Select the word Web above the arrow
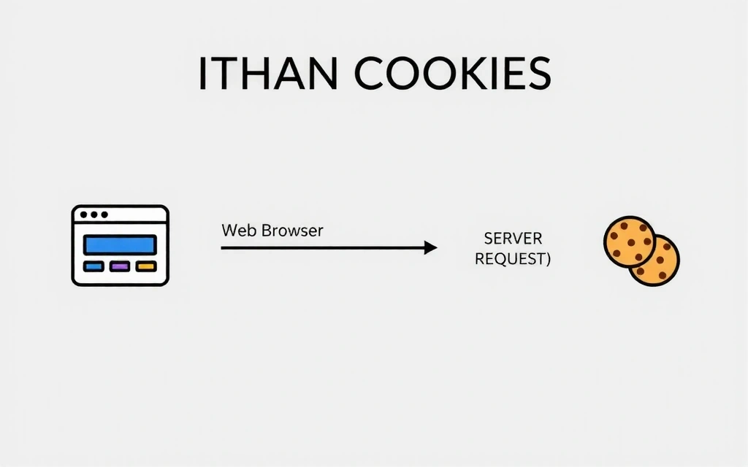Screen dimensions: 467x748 tap(236, 231)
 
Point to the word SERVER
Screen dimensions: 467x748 tap(512, 239)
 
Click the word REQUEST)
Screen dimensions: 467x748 tap(512, 258)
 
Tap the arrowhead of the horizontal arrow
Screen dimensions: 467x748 tap(431, 248)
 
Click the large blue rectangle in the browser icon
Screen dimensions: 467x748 tap(121, 244)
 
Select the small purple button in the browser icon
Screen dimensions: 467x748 tap(120, 266)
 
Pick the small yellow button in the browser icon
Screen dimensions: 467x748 tap(146, 266)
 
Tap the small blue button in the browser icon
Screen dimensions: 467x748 tap(94, 266)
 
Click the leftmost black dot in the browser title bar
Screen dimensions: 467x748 tap(84, 215)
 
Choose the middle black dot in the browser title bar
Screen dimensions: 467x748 tap(94, 215)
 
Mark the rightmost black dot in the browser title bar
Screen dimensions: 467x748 tap(104, 215)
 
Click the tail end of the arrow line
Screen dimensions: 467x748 tap(223, 248)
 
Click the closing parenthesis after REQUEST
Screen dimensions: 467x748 tap(547, 259)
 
